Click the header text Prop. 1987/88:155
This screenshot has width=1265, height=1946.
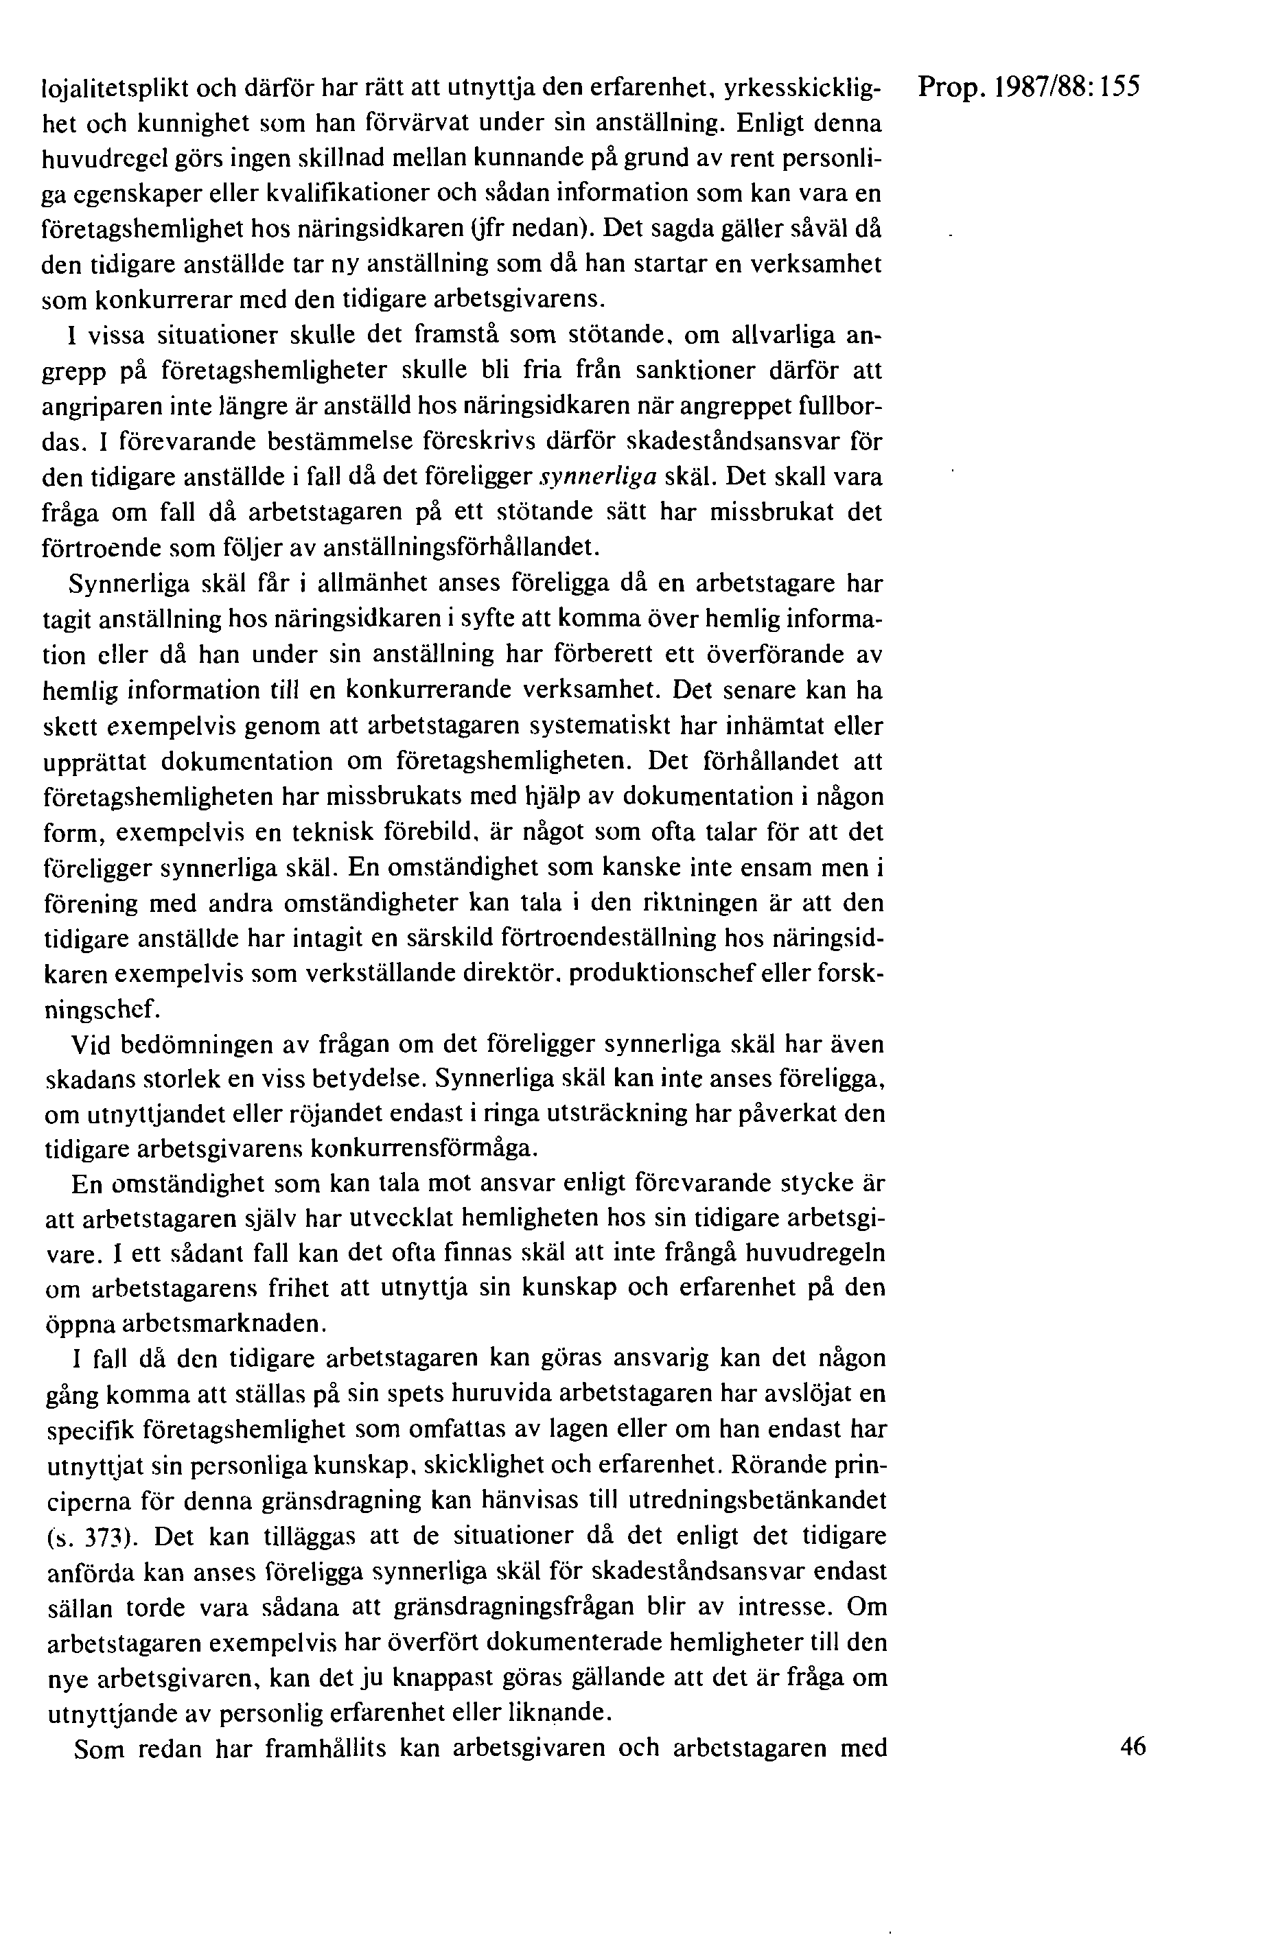pos(1029,86)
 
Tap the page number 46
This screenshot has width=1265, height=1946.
pos(1133,1746)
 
